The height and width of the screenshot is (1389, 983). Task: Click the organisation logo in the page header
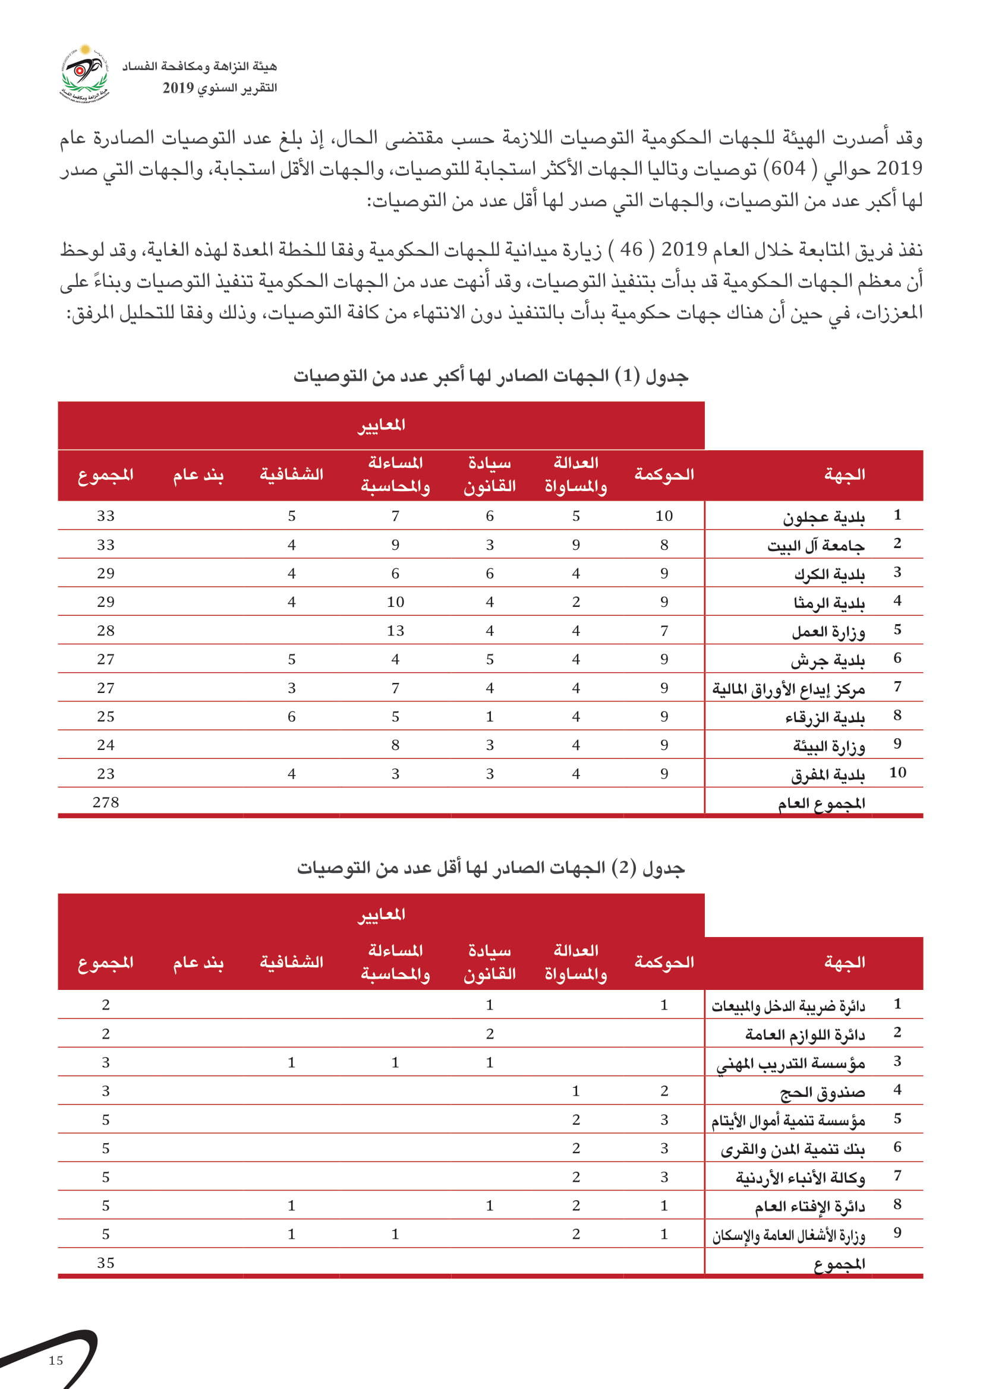(x=85, y=75)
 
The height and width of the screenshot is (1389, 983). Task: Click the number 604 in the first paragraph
(x=788, y=169)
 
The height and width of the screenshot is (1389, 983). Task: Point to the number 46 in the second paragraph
(x=631, y=249)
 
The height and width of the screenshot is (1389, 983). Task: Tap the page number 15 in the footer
(x=56, y=1360)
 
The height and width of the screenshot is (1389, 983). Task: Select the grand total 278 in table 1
(x=106, y=802)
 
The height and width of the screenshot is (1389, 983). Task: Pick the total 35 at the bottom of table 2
(x=106, y=1263)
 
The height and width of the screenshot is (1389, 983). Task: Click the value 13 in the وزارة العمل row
(x=395, y=631)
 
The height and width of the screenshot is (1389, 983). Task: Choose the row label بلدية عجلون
(x=824, y=517)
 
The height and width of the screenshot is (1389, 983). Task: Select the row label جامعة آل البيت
(x=816, y=546)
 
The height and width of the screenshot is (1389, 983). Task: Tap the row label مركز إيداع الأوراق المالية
(x=788, y=688)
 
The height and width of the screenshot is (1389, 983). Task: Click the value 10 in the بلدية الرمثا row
(x=395, y=602)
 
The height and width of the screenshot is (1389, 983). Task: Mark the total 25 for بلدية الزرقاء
(x=106, y=716)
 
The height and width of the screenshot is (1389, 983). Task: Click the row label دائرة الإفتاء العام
(x=809, y=1206)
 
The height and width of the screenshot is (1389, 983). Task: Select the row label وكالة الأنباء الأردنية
(x=800, y=1178)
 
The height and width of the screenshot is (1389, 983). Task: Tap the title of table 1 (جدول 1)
(x=491, y=376)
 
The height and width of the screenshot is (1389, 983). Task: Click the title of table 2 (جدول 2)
(x=491, y=868)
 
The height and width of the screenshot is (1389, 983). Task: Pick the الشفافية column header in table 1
(x=291, y=474)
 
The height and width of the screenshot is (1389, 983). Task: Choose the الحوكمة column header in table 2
(x=664, y=962)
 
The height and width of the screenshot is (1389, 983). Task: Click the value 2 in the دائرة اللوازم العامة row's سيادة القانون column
(x=490, y=1034)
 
